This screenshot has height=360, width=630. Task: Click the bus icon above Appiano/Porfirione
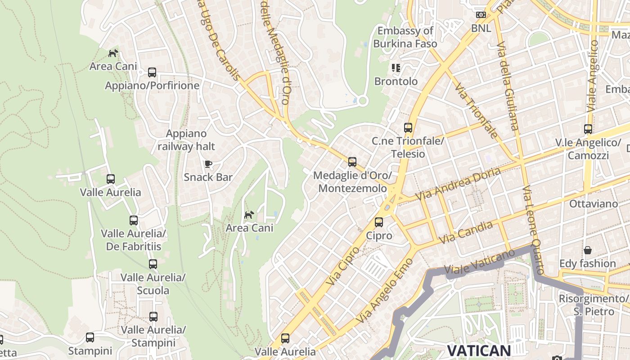152,72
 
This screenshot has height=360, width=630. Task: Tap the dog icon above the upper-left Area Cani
113,53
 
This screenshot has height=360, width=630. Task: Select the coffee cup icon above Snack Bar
208,164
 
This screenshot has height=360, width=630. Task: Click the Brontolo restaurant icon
396,68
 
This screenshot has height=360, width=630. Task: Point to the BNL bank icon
481,15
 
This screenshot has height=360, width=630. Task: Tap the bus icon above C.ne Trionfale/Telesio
408,127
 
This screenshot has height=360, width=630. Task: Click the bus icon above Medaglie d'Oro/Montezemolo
352,162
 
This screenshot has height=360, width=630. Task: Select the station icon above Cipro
379,222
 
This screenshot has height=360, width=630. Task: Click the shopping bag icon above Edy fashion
588,250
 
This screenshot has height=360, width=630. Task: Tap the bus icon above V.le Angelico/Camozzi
588,129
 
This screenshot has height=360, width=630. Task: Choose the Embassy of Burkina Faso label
405,37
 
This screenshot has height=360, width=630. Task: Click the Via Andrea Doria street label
458,184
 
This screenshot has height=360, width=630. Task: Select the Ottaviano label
594,204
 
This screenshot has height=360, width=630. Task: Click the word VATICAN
478,351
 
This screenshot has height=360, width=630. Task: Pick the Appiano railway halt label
186,140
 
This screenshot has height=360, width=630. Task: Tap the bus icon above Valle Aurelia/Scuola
153,264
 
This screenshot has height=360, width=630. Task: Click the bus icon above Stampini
90,337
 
